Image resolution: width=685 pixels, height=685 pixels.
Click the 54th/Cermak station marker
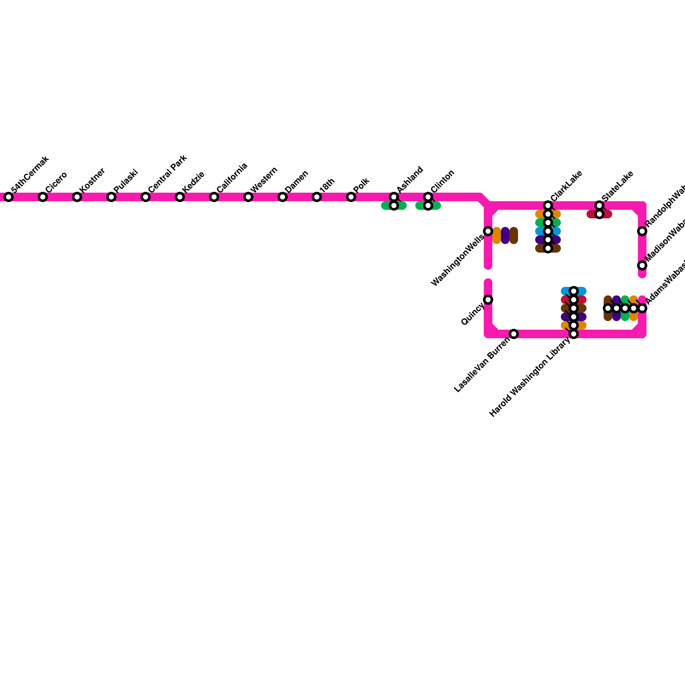(9, 197)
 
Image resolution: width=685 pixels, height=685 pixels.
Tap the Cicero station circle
(43, 197)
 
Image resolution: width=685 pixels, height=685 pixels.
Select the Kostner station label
(92, 179)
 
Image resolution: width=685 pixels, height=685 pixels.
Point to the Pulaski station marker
(111, 197)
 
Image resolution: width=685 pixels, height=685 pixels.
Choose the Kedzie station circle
(180, 197)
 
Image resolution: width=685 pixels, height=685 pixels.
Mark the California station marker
(214, 197)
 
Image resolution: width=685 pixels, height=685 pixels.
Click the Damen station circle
(283, 197)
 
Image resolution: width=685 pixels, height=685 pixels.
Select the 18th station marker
(317, 197)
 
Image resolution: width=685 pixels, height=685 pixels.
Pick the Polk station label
(361, 185)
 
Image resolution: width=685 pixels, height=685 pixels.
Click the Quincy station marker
(488, 300)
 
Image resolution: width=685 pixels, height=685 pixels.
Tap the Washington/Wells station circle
(488, 231)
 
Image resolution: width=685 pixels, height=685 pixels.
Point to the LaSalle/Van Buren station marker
(514, 334)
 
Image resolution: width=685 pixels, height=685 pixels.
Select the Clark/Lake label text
(566, 186)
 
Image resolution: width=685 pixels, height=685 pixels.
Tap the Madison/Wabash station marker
(642, 265)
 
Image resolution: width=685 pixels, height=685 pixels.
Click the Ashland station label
(410, 179)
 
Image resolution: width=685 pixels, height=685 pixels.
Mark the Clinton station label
(442, 181)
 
